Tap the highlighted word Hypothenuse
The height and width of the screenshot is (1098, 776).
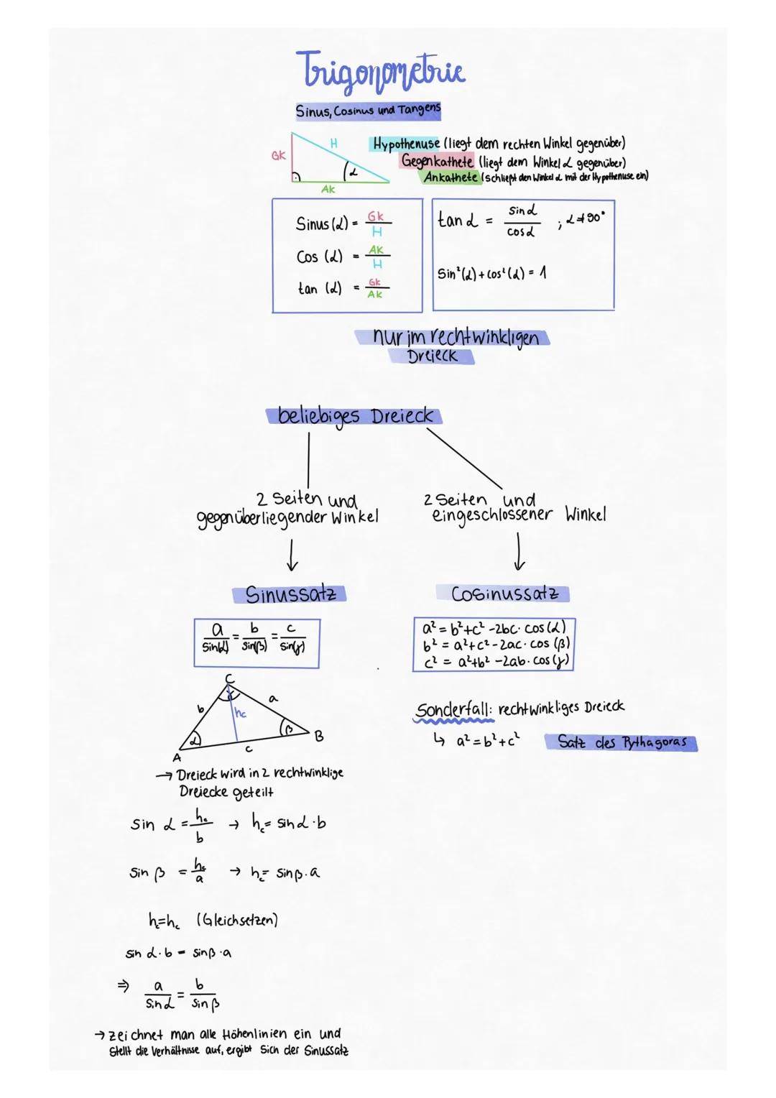(x=405, y=144)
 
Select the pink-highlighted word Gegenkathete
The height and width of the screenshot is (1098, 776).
(x=437, y=161)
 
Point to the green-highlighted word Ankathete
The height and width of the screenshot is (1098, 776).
(x=451, y=177)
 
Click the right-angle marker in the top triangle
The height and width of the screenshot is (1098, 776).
(x=295, y=177)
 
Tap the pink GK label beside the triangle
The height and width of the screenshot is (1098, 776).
(x=279, y=154)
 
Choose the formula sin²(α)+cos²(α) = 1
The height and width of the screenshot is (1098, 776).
(x=491, y=274)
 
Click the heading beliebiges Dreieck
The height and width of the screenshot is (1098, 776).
(x=356, y=416)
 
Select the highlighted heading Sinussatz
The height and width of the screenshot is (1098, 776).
(x=290, y=594)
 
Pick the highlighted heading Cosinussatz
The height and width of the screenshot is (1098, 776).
(x=503, y=594)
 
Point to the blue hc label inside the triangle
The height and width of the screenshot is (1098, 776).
(x=241, y=713)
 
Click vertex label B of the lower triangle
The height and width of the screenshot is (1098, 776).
(x=319, y=736)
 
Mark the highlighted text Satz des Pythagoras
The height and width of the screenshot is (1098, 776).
(x=622, y=742)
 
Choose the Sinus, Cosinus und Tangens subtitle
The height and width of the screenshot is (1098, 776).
(x=368, y=111)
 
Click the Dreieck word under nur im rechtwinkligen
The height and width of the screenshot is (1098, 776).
(x=432, y=356)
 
